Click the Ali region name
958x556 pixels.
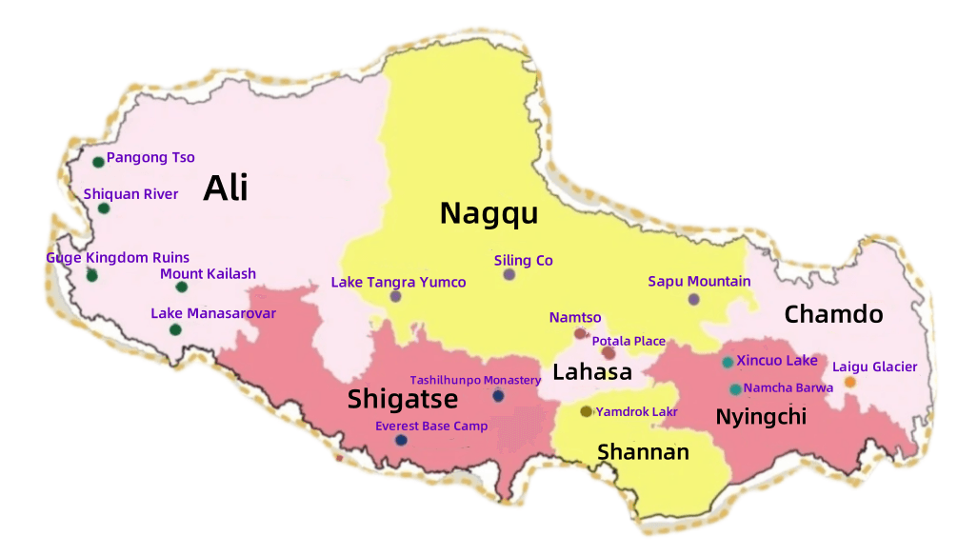[226, 188]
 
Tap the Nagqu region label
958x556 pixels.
[489, 213]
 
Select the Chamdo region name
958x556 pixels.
[833, 314]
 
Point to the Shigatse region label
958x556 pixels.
[403, 398]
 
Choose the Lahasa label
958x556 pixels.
[593, 371]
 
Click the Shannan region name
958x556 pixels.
[643, 451]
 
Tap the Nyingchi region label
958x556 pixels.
[761, 416]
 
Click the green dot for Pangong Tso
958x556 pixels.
[98, 161]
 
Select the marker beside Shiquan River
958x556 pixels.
[104, 208]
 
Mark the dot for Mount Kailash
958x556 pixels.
[182, 287]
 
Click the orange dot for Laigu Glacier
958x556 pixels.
[849, 382]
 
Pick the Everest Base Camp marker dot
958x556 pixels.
[401, 440]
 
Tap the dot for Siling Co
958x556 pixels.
[509, 274]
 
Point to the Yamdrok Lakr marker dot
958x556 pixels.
[586, 411]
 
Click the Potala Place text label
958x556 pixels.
[629, 341]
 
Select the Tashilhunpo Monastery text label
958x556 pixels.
[475, 380]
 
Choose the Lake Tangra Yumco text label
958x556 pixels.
[398, 282]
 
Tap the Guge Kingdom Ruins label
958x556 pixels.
[118, 258]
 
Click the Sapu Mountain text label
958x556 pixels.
[699, 281]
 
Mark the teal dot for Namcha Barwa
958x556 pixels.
[735, 388]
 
